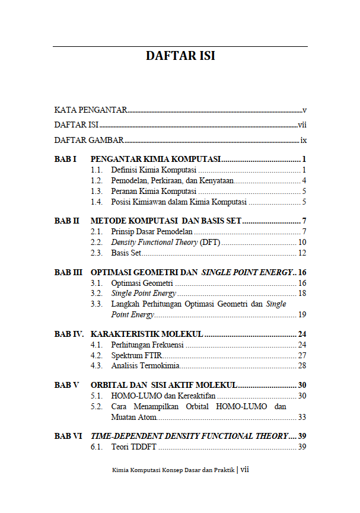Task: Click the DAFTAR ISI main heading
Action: point(180,56)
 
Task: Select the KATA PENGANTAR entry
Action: point(91,110)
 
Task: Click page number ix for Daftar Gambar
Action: point(303,141)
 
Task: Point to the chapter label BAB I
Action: point(66,160)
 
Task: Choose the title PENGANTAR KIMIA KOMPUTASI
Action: point(155,160)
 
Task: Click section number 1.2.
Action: point(97,181)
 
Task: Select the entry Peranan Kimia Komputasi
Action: point(154,192)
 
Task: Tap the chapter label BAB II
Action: point(67,221)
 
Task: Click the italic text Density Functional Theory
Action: point(154,242)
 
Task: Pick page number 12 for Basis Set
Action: point(302,253)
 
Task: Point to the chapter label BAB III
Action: point(68,272)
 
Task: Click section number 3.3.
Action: point(97,304)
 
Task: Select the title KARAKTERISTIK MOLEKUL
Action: point(147,334)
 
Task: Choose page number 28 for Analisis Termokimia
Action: point(302,366)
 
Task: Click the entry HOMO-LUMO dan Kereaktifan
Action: point(163,396)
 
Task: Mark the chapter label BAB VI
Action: point(68,436)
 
